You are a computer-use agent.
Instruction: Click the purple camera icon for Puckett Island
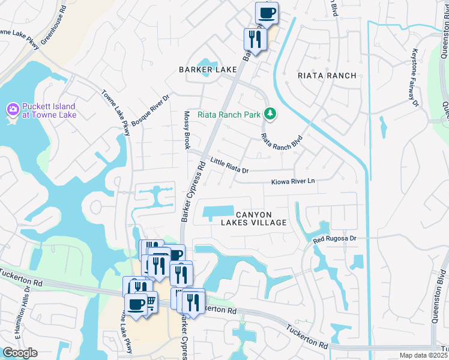pyautogui.click(x=11, y=110)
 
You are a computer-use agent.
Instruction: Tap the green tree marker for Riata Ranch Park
pyautogui.click(x=270, y=113)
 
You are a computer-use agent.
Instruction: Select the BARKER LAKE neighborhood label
pyautogui.click(x=208, y=70)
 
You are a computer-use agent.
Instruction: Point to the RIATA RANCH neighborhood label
pyautogui.click(x=327, y=76)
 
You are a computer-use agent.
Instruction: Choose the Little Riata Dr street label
pyautogui.click(x=229, y=165)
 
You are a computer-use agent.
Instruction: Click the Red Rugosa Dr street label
pyautogui.click(x=335, y=238)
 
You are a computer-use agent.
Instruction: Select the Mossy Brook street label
pyautogui.click(x=187, y=130)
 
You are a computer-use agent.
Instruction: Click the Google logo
pyautogui.click(x=19, y=353)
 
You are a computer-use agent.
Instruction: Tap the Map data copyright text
pyautogui.click(x=424, y=355)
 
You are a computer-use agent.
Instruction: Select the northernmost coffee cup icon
pyautogui.click(x=267, y=12)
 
